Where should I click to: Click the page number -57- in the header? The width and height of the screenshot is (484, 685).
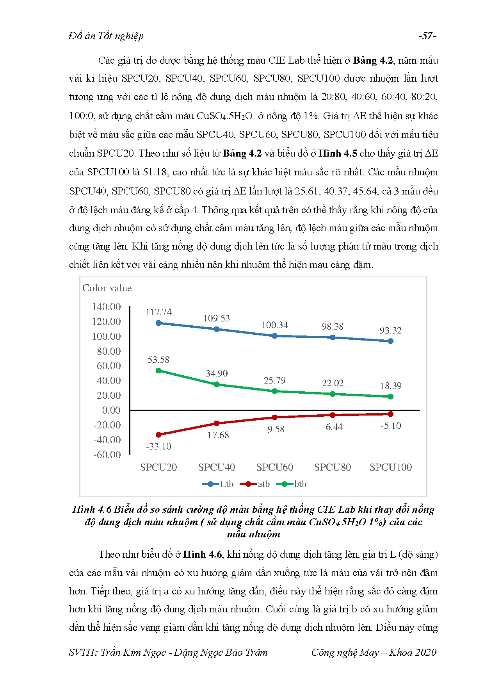(x=427, y=36)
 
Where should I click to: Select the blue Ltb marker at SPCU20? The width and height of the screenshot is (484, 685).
(x=158, y=323)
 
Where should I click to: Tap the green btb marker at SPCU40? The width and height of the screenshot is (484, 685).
(x=217, y=384)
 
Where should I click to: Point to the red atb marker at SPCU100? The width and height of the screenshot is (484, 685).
(x=391, y=414)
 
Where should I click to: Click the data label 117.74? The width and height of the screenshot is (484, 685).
(x=158, y=312)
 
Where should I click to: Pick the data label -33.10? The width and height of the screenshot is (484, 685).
(x=158, y=446)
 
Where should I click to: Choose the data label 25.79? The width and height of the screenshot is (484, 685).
(x=275, y=380)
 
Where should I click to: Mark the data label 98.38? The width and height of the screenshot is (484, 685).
(x=333, y=326)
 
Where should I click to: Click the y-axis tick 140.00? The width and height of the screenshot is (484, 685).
(x=106, y=307)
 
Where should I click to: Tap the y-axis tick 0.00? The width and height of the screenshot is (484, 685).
(x=111, y=410)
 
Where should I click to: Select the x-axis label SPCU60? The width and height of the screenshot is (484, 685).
(x=275, y=467)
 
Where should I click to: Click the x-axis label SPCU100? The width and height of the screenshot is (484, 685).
(x=391, y=467)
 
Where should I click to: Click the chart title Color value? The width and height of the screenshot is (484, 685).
(x=107, y=288)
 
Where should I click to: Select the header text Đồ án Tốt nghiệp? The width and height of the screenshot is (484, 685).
(x=106, y=36)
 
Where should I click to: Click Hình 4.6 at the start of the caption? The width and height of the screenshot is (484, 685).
(x=92, y=509)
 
